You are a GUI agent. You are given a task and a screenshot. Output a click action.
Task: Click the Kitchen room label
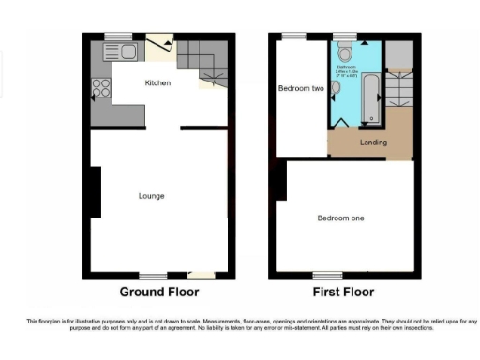click(157, 83)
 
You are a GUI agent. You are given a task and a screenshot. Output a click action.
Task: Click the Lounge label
click(152, 196)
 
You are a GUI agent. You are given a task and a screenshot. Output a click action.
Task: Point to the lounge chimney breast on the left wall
click(94, 192)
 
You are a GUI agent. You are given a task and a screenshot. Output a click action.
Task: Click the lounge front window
click(153, 276)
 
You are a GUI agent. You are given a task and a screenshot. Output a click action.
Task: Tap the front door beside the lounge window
click(200, 276)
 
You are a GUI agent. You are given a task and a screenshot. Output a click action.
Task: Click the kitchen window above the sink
click(118, 37)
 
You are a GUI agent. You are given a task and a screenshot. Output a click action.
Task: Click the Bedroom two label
click(301, 88)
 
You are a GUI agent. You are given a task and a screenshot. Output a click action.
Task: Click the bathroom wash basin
click(336, 88)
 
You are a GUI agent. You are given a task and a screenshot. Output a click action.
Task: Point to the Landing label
click(374, 142)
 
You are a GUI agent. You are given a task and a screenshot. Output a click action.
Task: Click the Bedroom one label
click(339, 218)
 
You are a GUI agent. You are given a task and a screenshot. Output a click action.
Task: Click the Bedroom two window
click(294, 37)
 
